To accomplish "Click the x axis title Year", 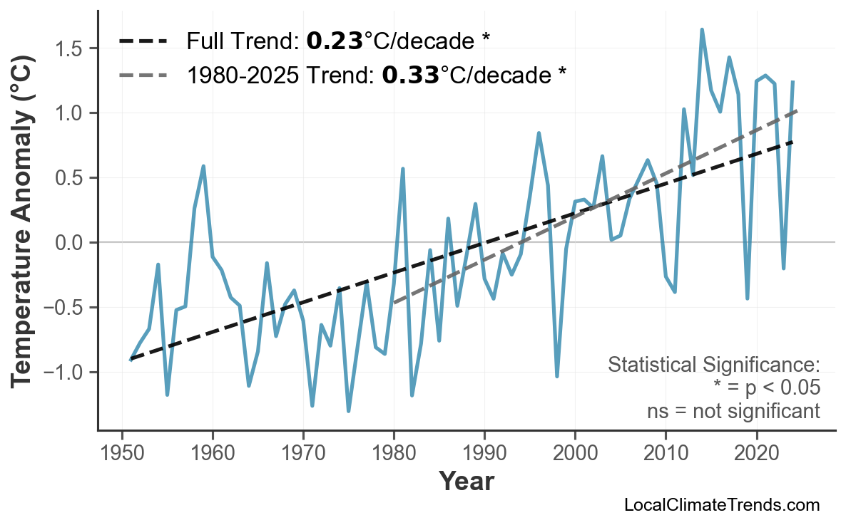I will coord(466,482).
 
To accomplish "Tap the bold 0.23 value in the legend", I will coord(335,41).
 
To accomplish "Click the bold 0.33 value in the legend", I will coord(410,74).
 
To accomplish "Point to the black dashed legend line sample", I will coord(143,41).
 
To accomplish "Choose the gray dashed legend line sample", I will coord(143,74).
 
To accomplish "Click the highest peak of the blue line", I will coord(702,29).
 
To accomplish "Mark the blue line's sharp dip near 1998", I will coord(557,376).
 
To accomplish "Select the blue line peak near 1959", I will coord(203,166).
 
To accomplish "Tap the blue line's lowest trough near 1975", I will coord(349,411).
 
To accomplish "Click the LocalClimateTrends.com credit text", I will coord(721,505).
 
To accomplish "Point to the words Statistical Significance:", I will coord(713,365).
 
